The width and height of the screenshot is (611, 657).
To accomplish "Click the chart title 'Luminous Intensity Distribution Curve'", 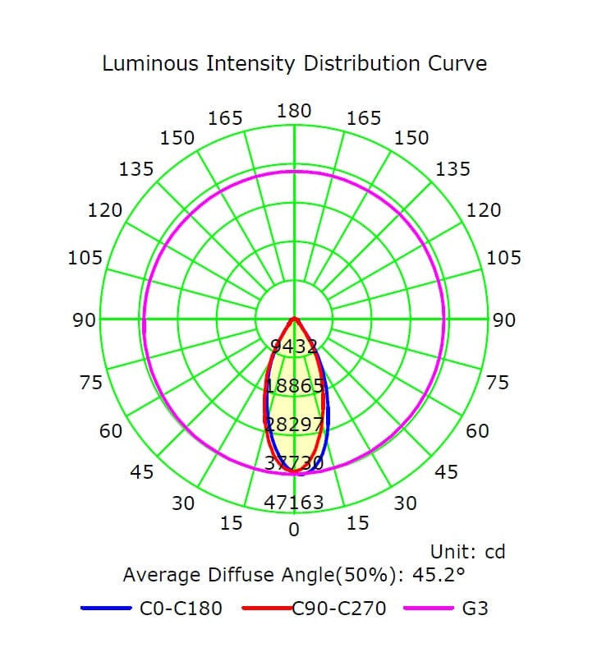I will [294, 63].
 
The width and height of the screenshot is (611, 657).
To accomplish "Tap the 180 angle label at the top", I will [294, 110].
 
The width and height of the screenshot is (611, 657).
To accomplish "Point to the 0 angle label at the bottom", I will [294, 529].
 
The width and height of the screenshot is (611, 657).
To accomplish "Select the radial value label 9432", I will [294, 347].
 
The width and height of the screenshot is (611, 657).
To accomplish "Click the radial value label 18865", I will [294, 386].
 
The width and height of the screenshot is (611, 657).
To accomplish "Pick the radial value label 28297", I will [294, 424].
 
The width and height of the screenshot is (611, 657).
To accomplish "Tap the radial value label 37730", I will [294, 463].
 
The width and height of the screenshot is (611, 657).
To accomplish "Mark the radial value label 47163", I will [294, 502].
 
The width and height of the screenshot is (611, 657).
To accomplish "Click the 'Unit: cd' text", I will [467, 551].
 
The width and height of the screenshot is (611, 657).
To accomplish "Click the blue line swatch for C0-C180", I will [106, 609].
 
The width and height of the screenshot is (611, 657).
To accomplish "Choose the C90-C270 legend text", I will [339, 609].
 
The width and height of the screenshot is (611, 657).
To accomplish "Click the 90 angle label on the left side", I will [85, 319].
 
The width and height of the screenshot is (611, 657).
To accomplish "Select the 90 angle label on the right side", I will [504, 319].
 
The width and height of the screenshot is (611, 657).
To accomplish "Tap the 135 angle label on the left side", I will [136, 169].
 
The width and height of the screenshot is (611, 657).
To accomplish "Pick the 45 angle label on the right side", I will [447, 472].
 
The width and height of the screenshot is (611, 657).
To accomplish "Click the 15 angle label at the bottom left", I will [232, 522].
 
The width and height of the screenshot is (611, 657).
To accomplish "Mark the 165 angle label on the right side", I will [364, 118].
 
